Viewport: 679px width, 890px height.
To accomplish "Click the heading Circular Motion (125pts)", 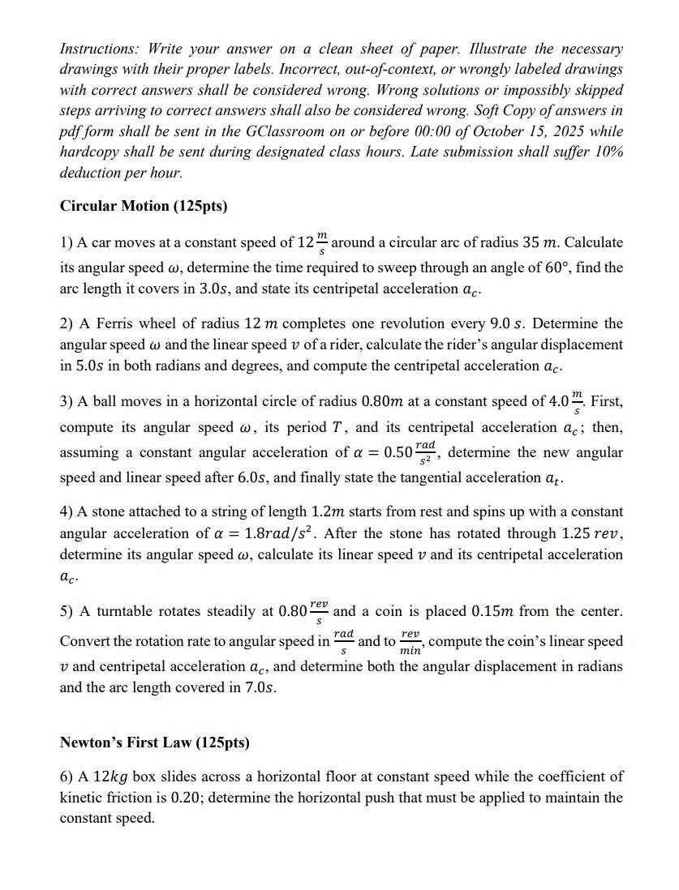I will pos(144,206).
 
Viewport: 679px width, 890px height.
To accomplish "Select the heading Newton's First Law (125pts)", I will pos(155,742).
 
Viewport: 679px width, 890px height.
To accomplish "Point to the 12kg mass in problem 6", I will pos(110,777).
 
